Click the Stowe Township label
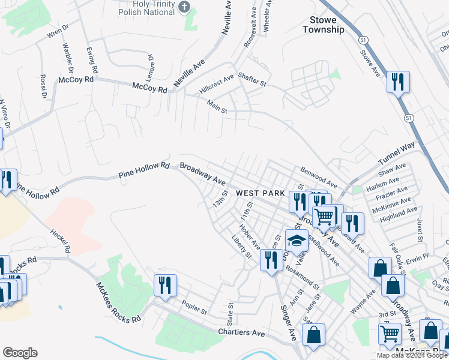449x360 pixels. click(x=323, y=25)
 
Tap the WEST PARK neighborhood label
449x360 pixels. click(x=259, y=193)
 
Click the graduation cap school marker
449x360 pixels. click(x=297, y=242)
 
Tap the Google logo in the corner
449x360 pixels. click(x=20, y=353)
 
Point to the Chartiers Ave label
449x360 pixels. click(x=241, y=332)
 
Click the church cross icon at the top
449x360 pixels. click(x=184, y=8)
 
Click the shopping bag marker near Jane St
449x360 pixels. click(x=314, y=335)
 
